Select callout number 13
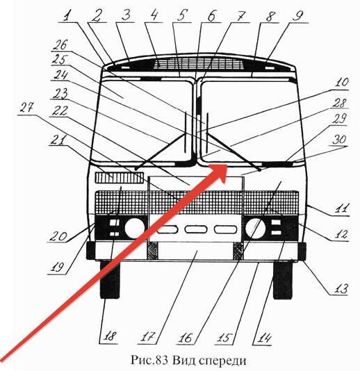(x=341, y=288)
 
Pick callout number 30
(x=339, y=140)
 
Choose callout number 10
(x=341, y=82)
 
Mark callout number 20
(x=58, y=236)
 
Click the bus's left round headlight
(x=134, y=228)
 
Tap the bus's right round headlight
(x=255, y=228)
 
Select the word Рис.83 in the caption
(x=149, y=361)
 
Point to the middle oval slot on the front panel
(x=196, y=229)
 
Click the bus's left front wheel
(x=110, y=279)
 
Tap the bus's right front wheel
(x=283, y=279)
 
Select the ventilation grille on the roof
(x=198, y=64)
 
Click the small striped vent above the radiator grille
(x=120, y=177)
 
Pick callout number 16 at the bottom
(x=186, y=338)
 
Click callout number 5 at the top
(x=182, y=15)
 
